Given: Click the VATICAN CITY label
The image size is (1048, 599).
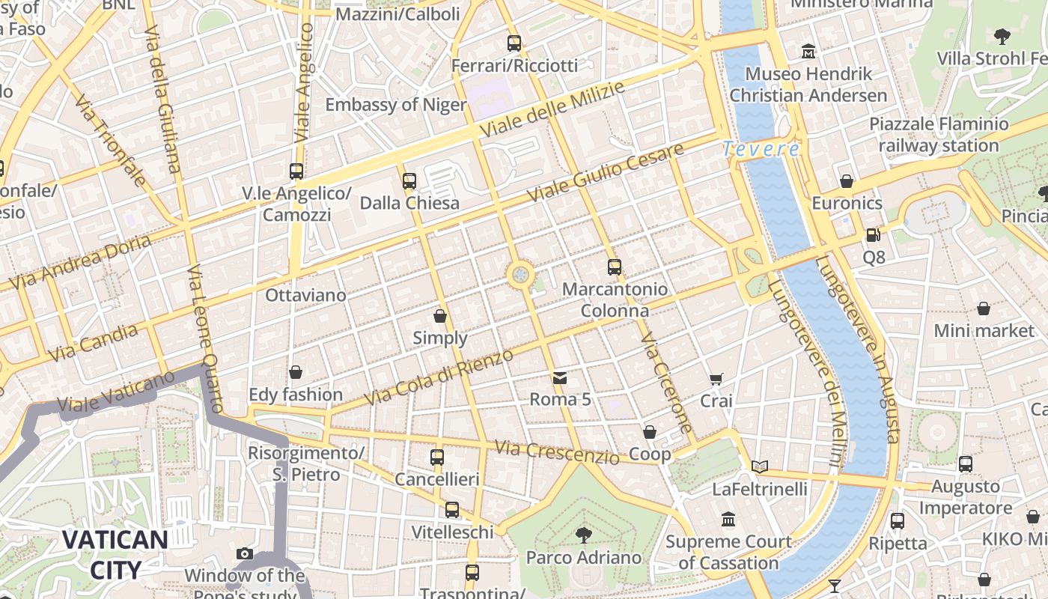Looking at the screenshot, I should (x=115, y=554).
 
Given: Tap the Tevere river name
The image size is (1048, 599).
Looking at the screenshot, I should (x=761, y=149).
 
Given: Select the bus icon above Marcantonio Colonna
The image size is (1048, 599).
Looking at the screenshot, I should (x=615, y=267).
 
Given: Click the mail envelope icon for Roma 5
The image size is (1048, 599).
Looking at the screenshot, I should (x=560, y=377).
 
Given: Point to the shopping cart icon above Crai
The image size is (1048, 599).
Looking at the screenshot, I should (x=716, y=379).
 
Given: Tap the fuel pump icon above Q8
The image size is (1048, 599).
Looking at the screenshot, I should (x=873, y=235).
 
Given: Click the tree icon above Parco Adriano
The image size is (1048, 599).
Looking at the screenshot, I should (x=583, y=535).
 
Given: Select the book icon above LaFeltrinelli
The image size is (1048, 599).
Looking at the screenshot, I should (x=760, y=466).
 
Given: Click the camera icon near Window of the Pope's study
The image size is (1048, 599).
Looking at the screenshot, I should (x=245, y=554).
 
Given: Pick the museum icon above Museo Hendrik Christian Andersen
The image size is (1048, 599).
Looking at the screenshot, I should (x=808, y=52).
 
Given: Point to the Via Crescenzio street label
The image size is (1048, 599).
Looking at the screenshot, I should (x=557, y=451).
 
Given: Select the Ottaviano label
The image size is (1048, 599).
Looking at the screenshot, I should (x=305, y=295).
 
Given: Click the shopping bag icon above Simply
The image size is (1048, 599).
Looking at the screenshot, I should (x=440, y=316).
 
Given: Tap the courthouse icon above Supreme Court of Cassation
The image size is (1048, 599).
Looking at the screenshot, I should (x=728, y=519).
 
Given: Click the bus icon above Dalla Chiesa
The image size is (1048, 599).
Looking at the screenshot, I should (x=409, y=180).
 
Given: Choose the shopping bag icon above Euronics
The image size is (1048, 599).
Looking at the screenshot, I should (x=847, y=181).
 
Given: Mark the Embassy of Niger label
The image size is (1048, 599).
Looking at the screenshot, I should (x=396, y=104).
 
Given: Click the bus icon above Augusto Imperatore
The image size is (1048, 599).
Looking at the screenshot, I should (x=966, y=464).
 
